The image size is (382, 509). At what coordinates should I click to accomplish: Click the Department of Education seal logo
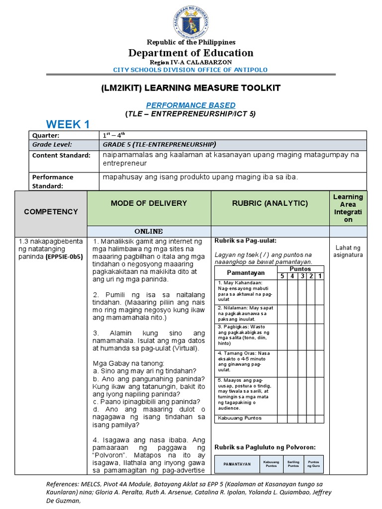pyautogui.click(x=191, y=19)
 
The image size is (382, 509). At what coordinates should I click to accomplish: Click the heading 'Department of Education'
pyautogui.click(x=191, y=53)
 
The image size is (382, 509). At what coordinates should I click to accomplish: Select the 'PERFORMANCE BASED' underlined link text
pyautogui.click(x=191, y=105)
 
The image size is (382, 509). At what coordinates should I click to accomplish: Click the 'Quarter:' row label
pyautogui.click(x=46, y=135)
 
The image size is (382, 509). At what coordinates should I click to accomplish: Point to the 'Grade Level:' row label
pyautogui.click(x=52, y=144)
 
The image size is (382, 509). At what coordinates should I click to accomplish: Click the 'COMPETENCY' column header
pyautogui.click(x=51, y=211)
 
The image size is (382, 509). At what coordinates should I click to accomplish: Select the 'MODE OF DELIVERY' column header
pyautogui.click(x=149, y=203)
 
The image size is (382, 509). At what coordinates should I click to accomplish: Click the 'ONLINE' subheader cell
pyautogui.click(x=149, y=231)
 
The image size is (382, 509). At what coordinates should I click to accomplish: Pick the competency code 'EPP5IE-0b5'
pyautogui.click(x=64, y=257)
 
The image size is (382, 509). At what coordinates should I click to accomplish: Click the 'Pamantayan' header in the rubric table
pyautogui.click(x=246, y=272)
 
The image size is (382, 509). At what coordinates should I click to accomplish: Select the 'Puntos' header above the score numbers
pyautogui.click(x=300, y=269)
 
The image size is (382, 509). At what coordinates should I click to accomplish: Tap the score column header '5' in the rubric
pyautogui.click(x=282, y=276)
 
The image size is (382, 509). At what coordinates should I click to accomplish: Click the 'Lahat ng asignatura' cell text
pyautogui.click(x=349, y=251)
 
